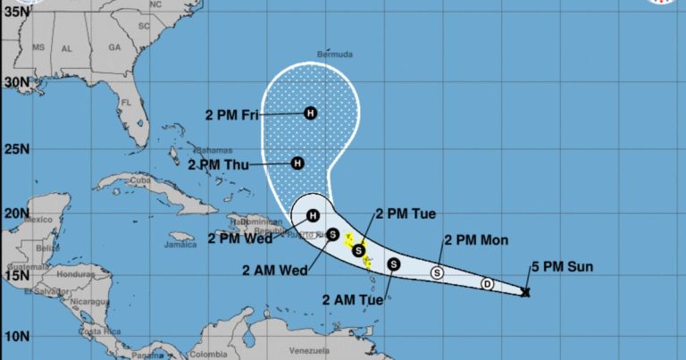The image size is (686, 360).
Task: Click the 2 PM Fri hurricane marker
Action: pos(310,113)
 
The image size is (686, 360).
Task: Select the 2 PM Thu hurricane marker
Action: pos(298,163)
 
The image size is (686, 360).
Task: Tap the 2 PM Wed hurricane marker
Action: pos(314,215)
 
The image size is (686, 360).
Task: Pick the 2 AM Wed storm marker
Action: pos(332,235)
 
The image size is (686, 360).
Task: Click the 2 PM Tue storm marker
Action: pos(358,250)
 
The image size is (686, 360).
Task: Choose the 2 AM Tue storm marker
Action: pos(394,264)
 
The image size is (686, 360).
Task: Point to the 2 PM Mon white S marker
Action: pos(438,272)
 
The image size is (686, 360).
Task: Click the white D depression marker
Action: pos(487,284)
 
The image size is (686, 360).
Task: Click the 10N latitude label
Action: pos(15,336)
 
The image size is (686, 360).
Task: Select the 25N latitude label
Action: pos(15,148)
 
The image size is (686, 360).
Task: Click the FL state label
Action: pos(127,103)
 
